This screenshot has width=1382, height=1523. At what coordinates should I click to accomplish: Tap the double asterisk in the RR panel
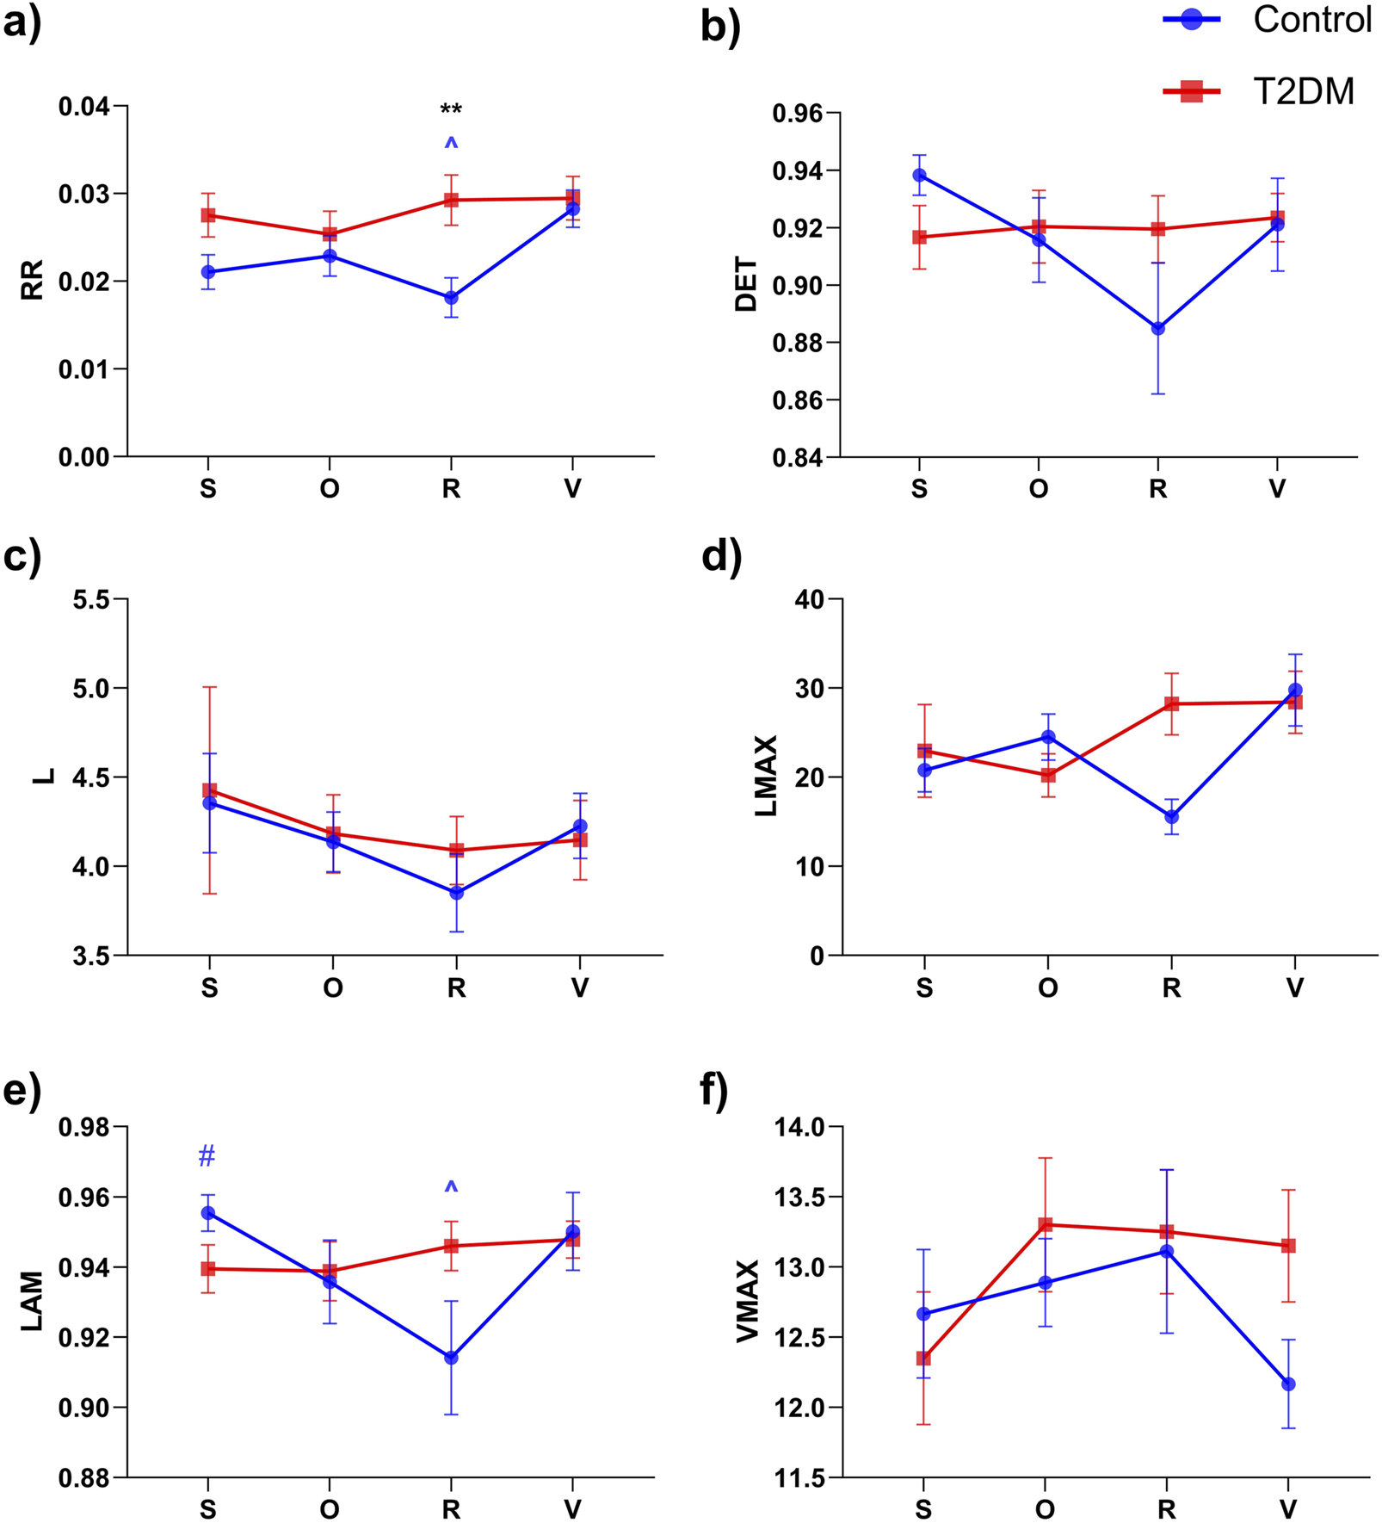pos(451,109)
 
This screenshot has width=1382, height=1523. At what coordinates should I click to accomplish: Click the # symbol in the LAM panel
pos(207,1155)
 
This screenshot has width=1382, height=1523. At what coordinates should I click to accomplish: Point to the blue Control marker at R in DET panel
pos(1158,328)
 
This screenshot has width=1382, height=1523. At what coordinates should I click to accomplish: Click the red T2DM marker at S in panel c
pos(209,790)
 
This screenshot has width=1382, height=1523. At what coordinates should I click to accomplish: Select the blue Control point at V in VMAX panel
pos(1288,1384)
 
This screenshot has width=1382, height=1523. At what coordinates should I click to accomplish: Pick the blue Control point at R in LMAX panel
pos(1171,816)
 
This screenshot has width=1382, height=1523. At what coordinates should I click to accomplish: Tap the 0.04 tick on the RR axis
pos(83,107)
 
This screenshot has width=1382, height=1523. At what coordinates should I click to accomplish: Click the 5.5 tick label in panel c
pos(92,599)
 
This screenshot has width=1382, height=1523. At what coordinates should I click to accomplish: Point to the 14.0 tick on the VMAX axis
pos(800,1127)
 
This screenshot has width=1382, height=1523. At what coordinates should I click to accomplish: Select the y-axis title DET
pos(746,284)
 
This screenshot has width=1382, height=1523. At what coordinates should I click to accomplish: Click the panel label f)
pos(714,1092)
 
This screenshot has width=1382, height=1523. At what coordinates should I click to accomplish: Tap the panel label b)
pos(720,28)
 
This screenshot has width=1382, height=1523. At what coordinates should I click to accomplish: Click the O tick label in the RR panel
pos(330,489)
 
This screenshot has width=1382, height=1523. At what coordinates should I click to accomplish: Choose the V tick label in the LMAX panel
pos(1294,987)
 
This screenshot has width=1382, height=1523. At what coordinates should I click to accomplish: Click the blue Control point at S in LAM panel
pos(207,1213)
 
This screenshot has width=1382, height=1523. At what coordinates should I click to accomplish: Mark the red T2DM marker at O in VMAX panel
pos(1046,1224)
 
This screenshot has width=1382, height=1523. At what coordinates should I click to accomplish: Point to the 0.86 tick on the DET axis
pos(796,400)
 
